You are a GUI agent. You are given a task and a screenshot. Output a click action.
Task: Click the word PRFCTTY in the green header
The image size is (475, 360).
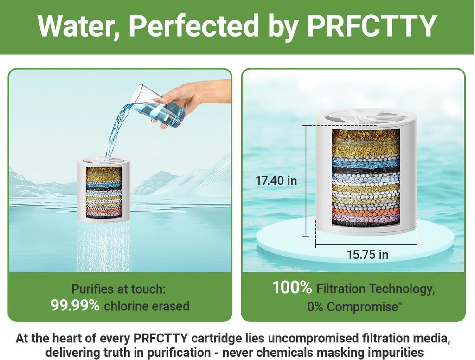pos(372,26)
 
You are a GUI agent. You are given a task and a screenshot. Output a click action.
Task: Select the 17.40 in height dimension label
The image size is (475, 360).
pos(276,180)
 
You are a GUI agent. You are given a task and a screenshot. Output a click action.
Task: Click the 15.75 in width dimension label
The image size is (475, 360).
pos(367,254)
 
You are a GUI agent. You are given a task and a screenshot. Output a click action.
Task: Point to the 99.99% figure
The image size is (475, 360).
pos(75,306)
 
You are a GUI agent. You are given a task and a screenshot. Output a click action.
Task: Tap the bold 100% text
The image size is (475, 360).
pos(292,288)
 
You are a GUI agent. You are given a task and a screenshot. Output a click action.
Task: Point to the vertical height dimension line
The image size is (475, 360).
pos(307,180)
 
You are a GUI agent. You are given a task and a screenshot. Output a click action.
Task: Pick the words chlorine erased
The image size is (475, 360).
pos(147,306)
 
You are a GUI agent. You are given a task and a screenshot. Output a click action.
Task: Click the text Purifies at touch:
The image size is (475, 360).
pos(119,289)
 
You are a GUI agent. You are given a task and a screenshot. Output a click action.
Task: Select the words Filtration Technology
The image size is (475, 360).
pos(375,289)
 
